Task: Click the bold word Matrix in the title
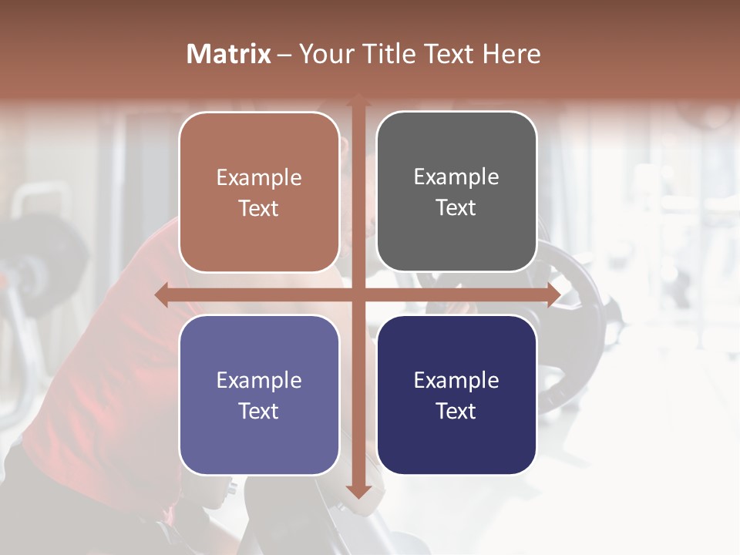(229, 54)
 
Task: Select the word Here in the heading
(511, 54)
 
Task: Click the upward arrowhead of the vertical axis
(358, 101)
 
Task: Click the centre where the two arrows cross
(358, 295)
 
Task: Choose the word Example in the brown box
(259, 178)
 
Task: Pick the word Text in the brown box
(259, 208)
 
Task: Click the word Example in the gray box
(456, 177)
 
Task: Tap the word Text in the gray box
(456, 207)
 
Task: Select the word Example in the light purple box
(259, 380)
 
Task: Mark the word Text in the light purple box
(259, 411)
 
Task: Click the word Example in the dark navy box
(456, 380)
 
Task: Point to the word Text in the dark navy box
(456, 411)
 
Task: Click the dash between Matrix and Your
(284, 55)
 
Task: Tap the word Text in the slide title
(448, 54)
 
